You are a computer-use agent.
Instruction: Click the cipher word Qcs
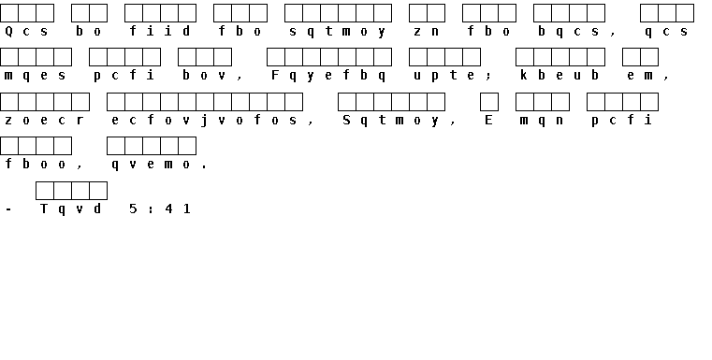26,31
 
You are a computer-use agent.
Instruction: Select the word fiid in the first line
159,31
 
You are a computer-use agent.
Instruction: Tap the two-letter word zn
427,31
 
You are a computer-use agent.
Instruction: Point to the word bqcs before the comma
568,31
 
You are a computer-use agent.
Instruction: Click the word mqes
35,76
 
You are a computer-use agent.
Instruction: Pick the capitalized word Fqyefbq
328,76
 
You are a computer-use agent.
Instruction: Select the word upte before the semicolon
444,76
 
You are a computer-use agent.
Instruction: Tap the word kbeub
559,75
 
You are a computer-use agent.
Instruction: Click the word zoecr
44,121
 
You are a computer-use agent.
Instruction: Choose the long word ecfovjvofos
204,121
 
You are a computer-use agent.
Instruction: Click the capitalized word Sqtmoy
391,121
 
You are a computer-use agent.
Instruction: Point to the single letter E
488,120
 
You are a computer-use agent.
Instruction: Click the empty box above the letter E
489,102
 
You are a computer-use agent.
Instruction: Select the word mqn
542,121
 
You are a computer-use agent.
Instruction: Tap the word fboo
35,164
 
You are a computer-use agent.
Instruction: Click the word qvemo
151,165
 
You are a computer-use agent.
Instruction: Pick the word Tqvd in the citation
70,209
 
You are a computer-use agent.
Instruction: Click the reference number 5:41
159,209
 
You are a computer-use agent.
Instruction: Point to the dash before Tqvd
9,209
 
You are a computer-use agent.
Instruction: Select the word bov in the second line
204,75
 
